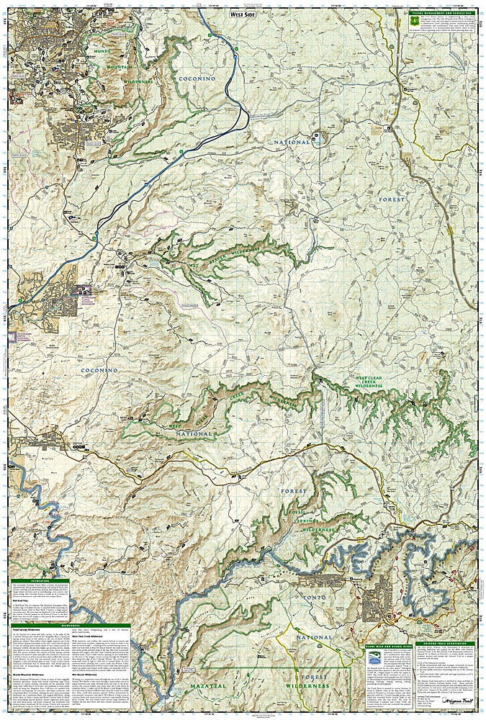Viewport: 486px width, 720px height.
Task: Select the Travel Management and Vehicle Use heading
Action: pyautogui.click(x=438, y=13)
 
